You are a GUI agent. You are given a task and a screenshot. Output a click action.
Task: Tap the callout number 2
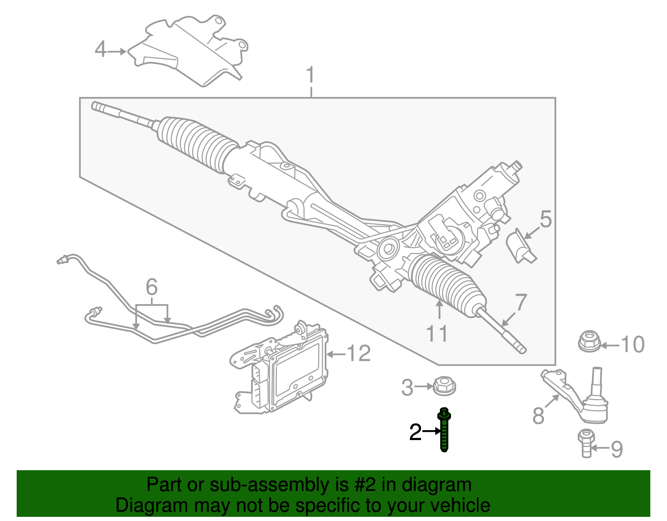(x=415, y=432)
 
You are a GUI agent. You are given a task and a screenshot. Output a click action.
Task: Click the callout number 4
(x=100, y=50)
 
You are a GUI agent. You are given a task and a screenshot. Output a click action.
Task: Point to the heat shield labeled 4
(x=188, y=50)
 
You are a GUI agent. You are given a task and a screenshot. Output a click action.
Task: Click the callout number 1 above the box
(x=310, y=76)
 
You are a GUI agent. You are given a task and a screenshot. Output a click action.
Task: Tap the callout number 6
(x=152, y=287)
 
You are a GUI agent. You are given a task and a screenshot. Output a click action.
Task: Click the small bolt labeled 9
(x=586, y=444)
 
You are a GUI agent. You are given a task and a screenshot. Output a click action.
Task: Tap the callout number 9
(x=617, y=449)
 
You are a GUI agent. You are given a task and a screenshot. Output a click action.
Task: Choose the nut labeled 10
(x=589, y=342)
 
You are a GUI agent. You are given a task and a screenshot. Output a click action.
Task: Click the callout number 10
(x=632, y=345)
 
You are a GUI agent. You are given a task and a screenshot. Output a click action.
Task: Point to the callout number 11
(x=437, y=334)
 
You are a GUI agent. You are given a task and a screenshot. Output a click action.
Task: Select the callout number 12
(x=359, y=354)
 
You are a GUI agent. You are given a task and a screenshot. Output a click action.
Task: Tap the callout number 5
(x=546, y=219)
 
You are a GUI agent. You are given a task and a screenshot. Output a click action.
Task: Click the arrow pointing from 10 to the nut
(x=609, y=345)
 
